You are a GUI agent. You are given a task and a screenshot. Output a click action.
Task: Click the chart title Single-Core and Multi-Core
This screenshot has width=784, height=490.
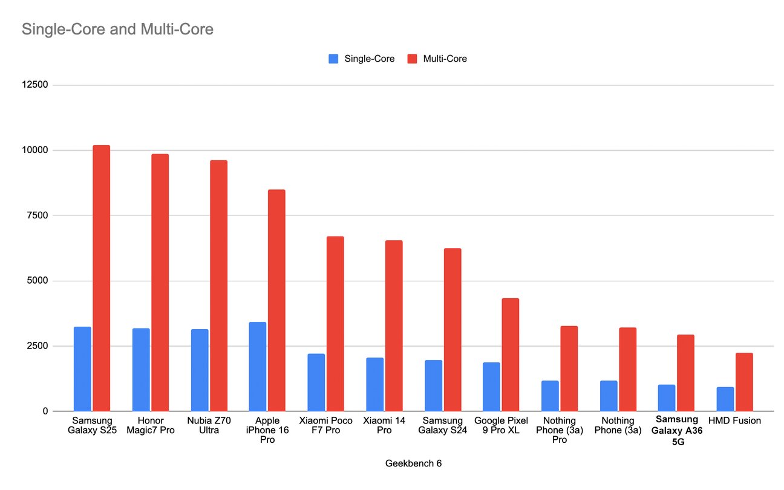[117, 29]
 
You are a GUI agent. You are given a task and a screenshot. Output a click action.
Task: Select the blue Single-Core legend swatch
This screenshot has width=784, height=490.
[333, 59]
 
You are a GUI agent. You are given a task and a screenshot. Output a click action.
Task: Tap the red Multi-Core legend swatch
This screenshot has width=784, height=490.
[413, 59]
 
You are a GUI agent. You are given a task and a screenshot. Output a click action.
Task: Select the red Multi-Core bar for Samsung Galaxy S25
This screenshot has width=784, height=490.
[101, 278]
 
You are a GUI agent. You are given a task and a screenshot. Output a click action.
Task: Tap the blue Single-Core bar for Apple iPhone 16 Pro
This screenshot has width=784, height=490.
[257, 367]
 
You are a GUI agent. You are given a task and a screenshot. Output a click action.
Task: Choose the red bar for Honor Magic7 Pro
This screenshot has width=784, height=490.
[160, 283]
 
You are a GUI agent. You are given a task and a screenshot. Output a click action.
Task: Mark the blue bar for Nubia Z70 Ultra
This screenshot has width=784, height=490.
[200, 370]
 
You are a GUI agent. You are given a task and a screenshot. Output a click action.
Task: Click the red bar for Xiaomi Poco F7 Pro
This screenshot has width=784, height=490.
[335, 324]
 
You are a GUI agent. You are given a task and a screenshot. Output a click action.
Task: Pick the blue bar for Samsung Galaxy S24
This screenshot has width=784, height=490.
[433, 386]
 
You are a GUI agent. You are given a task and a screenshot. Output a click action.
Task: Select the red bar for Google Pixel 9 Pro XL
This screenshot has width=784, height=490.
[510, 354]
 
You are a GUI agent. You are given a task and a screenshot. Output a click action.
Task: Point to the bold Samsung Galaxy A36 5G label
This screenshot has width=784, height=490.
[676, 430]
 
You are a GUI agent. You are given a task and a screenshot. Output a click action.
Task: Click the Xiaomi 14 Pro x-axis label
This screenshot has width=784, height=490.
[384, 425]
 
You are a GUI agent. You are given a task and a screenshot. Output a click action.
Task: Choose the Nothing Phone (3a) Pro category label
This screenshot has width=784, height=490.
[559, 430]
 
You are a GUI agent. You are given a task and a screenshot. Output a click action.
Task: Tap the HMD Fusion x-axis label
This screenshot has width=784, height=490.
[734, 420]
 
